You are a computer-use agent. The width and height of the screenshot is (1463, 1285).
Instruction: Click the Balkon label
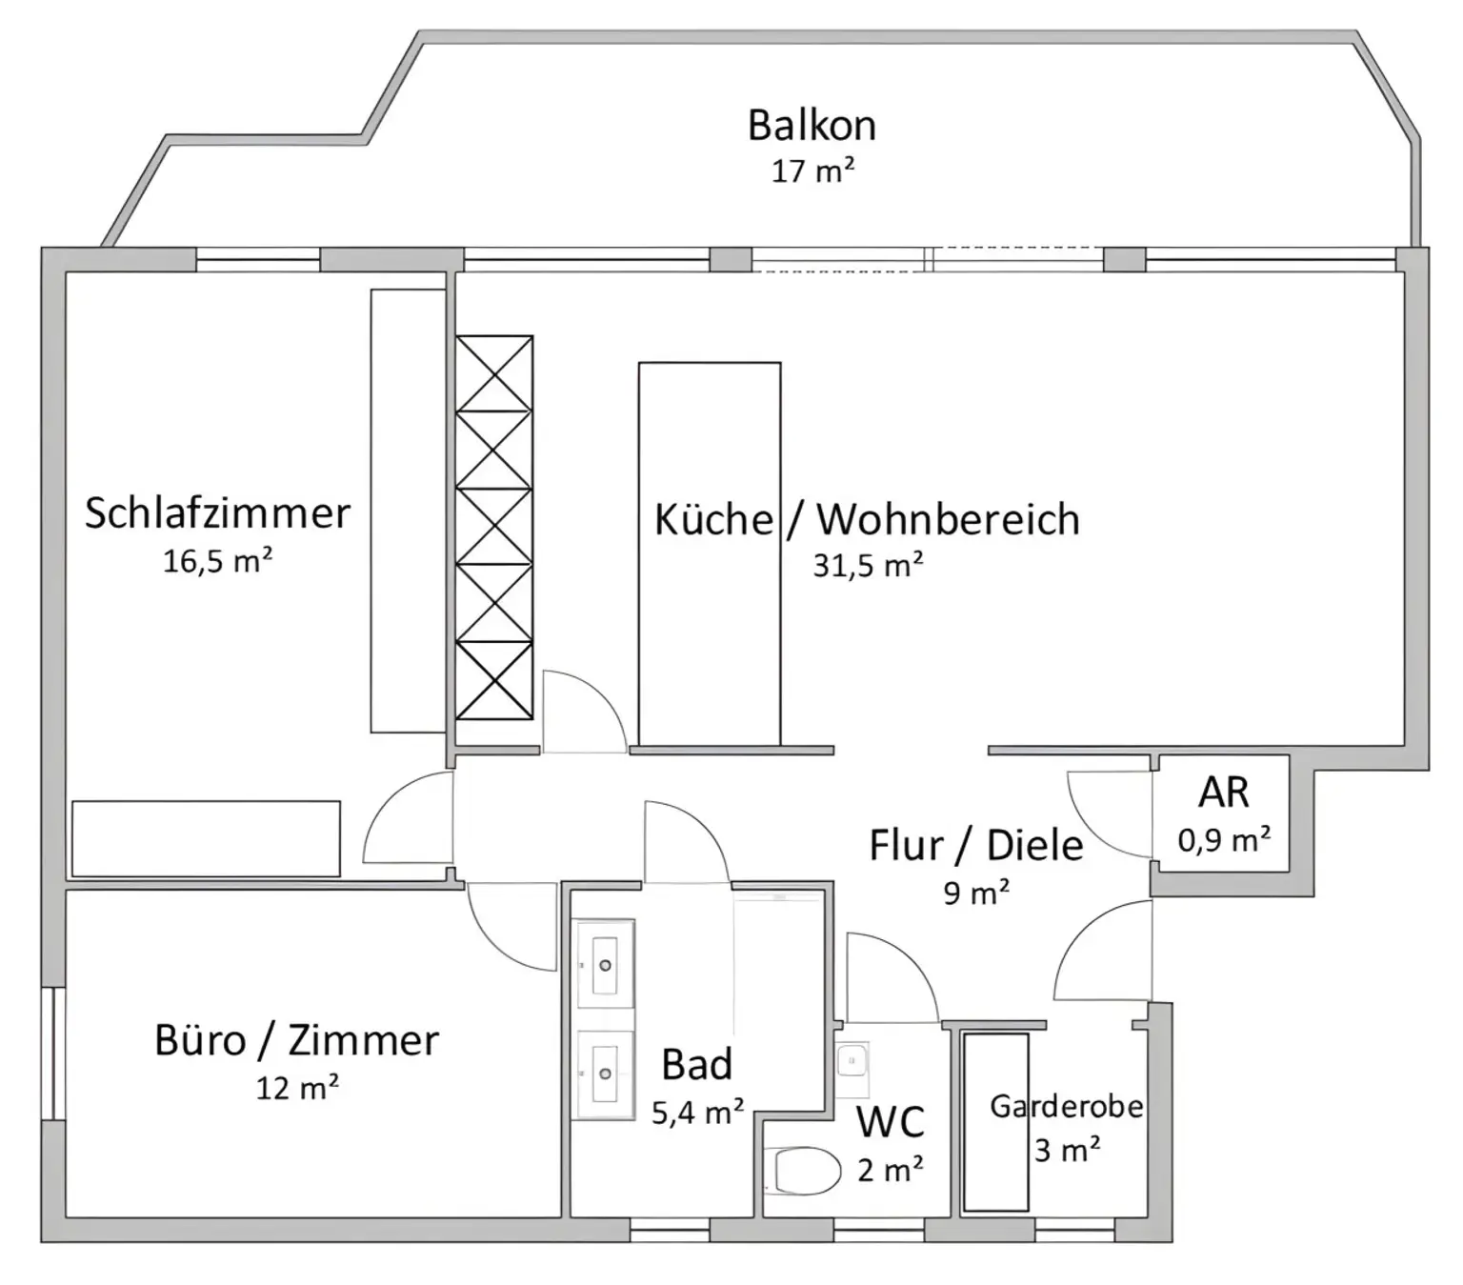(x=812, y=126)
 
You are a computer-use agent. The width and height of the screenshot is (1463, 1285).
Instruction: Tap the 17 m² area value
(x=812, y=171)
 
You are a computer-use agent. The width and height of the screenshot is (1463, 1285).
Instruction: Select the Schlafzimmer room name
(x=217, y=512)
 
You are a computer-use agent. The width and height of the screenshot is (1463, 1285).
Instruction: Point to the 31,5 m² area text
(x=867, y=566)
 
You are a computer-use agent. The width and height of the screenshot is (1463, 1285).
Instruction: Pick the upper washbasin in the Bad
(x=605, y=964)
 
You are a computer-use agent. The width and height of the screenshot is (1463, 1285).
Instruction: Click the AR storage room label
(x=1223, y=792)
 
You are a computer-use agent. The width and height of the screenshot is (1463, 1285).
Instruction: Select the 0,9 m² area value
(x=1223, y=840)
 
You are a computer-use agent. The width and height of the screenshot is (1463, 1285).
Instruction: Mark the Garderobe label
(x=1066, y=1106)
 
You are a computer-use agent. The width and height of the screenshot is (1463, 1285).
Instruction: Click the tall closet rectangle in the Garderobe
(x=995, y=1121)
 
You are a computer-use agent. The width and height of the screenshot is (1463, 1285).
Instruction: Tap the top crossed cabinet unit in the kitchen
(x=493, y=373)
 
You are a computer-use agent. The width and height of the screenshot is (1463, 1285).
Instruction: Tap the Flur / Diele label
(x=975, y=846)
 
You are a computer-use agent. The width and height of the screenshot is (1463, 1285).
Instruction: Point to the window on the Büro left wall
(x=53, y=1053)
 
